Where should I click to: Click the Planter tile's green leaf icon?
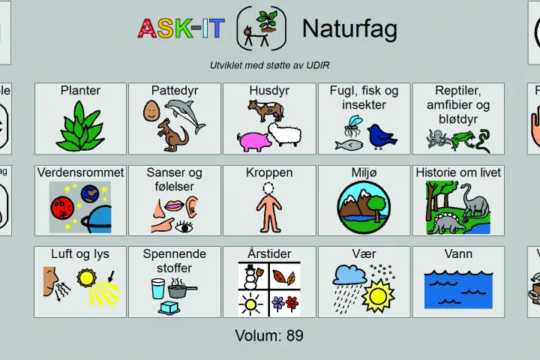80,126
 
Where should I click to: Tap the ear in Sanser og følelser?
192,206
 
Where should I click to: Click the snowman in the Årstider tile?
253,275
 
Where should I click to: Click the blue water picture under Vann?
458,287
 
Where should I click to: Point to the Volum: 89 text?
269,335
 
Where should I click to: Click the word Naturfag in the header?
349,29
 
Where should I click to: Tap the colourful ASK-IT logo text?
181,29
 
